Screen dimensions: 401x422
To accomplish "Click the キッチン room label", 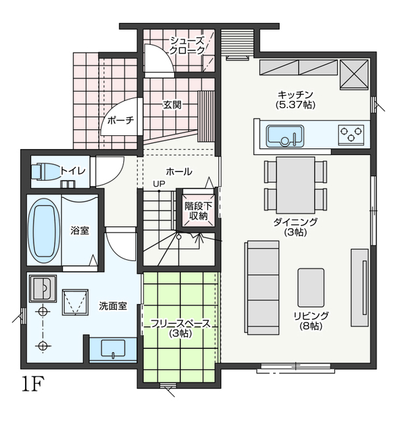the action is (295, 95).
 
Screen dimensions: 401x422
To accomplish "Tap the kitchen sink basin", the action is (285, 136).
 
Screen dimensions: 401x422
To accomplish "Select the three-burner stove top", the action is (351, 135).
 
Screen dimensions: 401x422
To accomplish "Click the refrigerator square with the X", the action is (354, 75).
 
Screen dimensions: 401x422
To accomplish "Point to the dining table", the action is (295, 185).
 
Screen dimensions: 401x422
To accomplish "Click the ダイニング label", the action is (295, 222).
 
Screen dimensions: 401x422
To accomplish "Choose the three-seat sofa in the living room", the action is (262, 287).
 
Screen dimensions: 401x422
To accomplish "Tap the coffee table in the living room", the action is (311, 287).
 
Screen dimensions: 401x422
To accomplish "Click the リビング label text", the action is (311, 316).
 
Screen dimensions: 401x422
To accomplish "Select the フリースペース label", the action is (181, 324).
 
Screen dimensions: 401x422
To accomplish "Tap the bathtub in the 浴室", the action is (44, 231).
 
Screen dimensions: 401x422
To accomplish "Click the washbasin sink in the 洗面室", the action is (113, 348).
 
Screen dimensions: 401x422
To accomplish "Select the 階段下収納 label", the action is (199, 211).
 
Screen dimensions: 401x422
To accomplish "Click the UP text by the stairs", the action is (159, 184).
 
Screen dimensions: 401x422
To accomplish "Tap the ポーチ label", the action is (121, 120).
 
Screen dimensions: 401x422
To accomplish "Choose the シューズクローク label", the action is (187, 45).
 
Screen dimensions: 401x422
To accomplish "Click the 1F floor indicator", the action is (33, 384).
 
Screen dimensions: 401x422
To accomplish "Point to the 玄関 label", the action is (172, 105).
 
